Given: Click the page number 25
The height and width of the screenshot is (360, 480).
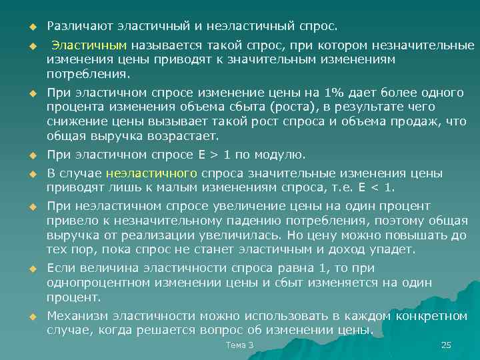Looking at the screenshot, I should click(447, 345).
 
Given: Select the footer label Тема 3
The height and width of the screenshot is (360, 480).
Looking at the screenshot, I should click(240, 345).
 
